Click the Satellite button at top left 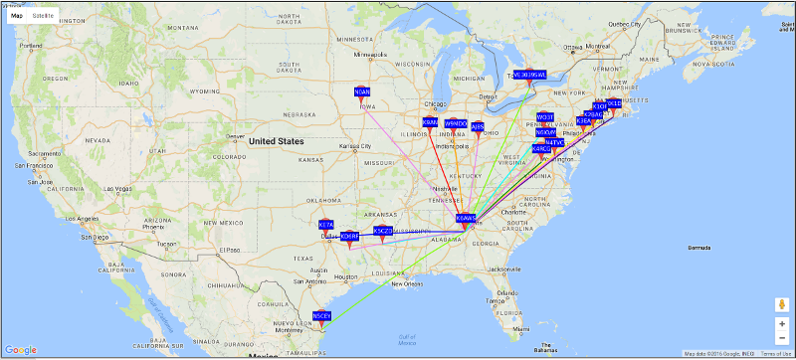click(x=43, y=17)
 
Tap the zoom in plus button click(x=782, y=324)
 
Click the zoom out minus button click(x=782, y=338)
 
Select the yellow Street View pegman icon click(x=782, y=303)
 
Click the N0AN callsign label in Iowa click(x=362, y=91)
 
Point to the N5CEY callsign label click(x=321, y=316)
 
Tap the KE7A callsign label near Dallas click(x=326, y=225)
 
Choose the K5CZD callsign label click(x=383, y=231)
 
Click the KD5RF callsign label click(x=349, y=236)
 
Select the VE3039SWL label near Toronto click(x=529, y=75)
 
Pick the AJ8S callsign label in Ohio click(x=478, y=126)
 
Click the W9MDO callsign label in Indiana click(x=456, y=123)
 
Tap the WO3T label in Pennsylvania click(x=544, y=117)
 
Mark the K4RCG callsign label click(x=540, y=148)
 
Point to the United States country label click(x=277, y=141)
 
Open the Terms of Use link click(x=776, y=354)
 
